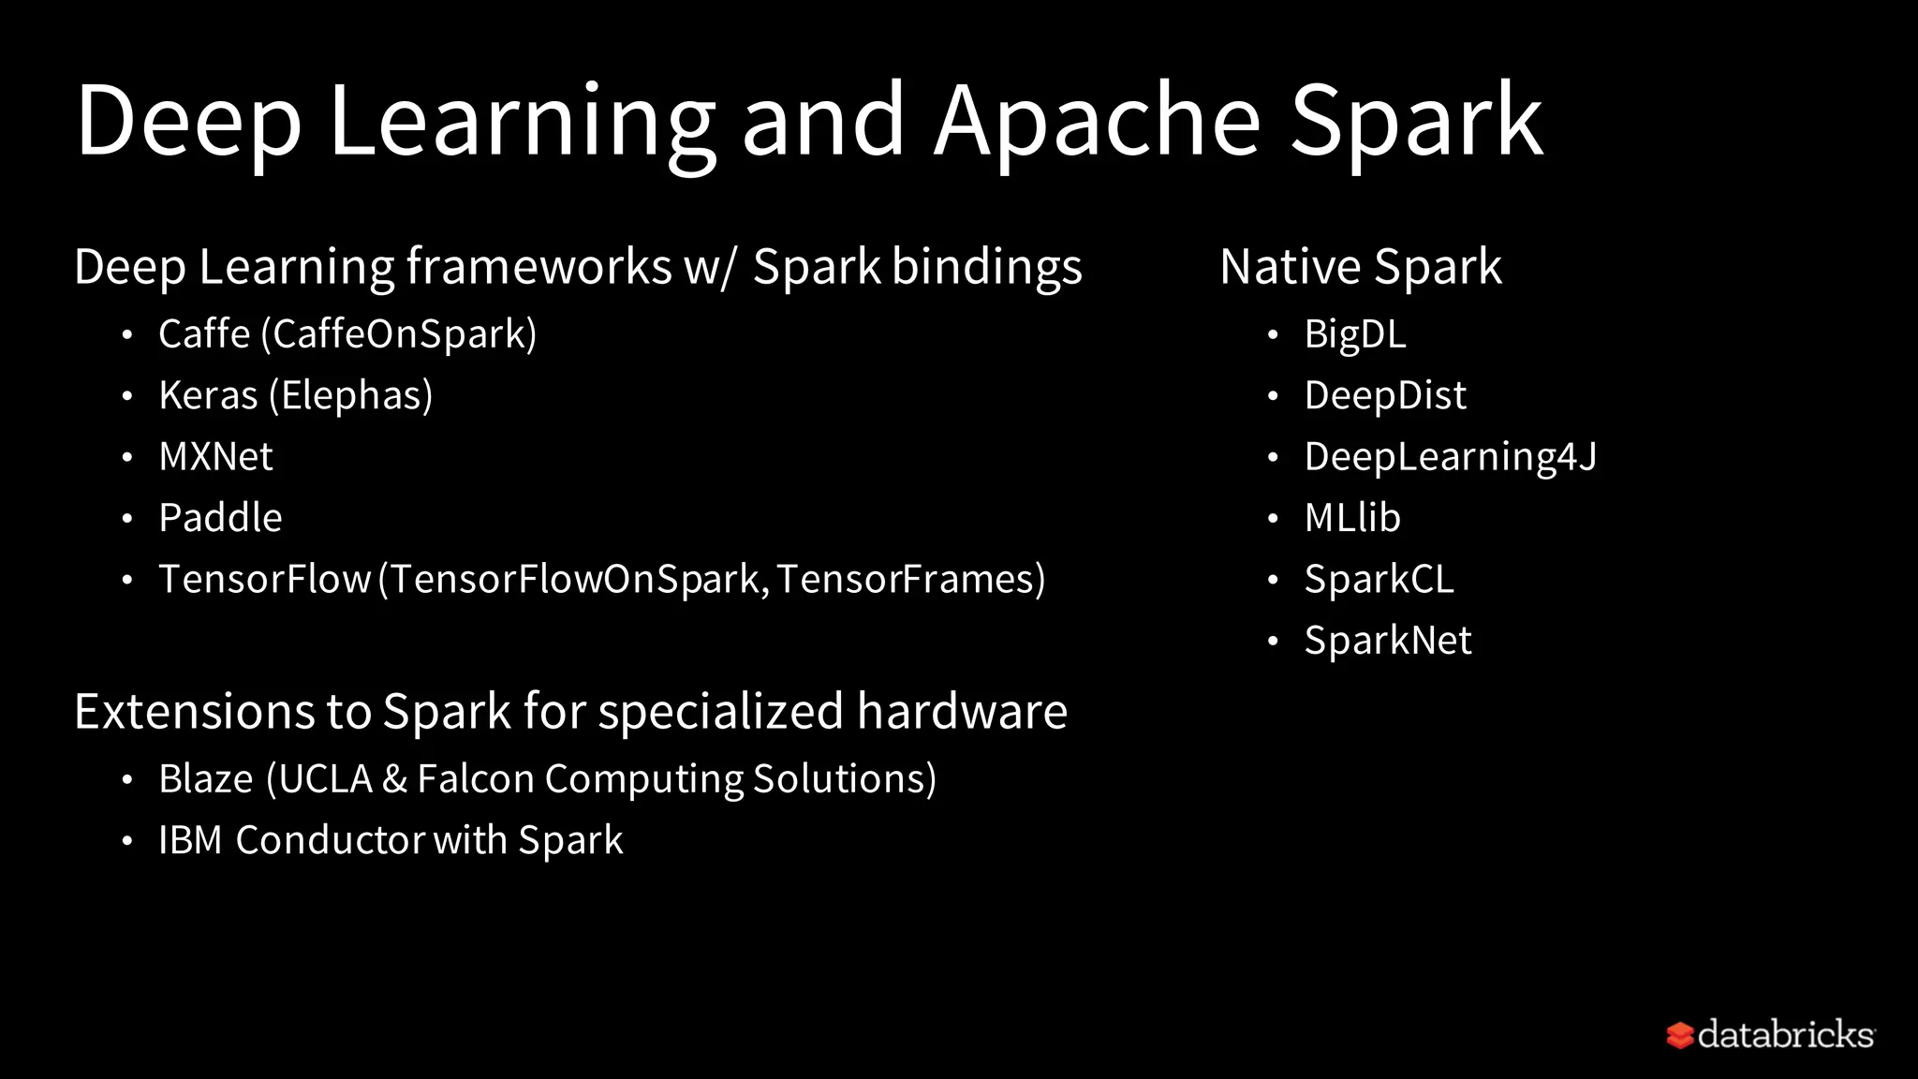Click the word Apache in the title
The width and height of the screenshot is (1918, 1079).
point(1097,122)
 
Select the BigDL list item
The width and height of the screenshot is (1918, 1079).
point(1355,334)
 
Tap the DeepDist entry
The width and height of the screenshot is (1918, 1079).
point(1385,395)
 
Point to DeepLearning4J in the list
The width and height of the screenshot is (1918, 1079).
point(1450,457)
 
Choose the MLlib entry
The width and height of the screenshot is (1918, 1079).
point(1352,518)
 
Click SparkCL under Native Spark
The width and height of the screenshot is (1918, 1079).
point(1379,579)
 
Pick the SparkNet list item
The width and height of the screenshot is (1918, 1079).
point(1388,641)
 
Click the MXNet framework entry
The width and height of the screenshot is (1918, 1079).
point(215,457)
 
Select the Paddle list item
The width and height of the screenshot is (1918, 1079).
point(220,518)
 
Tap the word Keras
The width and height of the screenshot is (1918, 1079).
point(208,395)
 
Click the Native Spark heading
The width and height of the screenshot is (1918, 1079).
point(1360,267)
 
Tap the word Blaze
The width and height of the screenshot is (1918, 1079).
point(205,779)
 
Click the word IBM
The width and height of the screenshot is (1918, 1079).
point(190,840)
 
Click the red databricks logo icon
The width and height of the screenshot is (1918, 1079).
point(1680,1035)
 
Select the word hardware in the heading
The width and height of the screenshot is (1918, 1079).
point(962,711)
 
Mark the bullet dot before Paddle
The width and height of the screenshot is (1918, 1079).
point(127,518)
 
